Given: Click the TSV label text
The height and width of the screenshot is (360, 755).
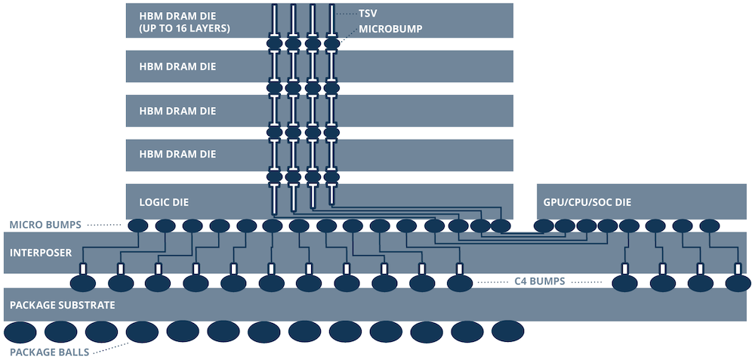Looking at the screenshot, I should tap(368, 14).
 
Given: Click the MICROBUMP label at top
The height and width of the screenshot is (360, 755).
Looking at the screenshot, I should tap(390, 29).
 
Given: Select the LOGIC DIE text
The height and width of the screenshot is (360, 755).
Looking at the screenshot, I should tap(165, 202).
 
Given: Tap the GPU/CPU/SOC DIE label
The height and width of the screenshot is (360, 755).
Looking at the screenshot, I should tap(587, 202).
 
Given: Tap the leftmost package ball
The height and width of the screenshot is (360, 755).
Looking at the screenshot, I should tap(21, 332).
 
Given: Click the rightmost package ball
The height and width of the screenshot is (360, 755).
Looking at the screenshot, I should tap(507, 331).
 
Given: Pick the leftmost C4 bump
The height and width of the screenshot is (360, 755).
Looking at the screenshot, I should tap(84, 283).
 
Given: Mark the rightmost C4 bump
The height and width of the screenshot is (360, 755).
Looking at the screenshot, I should tap(738, 283).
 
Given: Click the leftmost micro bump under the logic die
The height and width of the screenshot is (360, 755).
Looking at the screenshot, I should tap(138, 225).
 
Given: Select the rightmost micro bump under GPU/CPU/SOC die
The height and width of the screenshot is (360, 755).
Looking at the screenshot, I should tap(710, 225).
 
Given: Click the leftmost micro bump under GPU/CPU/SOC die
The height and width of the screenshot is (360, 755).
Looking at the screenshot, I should tap(544, 225).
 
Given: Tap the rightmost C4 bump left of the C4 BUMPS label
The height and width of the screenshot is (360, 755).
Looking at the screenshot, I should tap(459, 283).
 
